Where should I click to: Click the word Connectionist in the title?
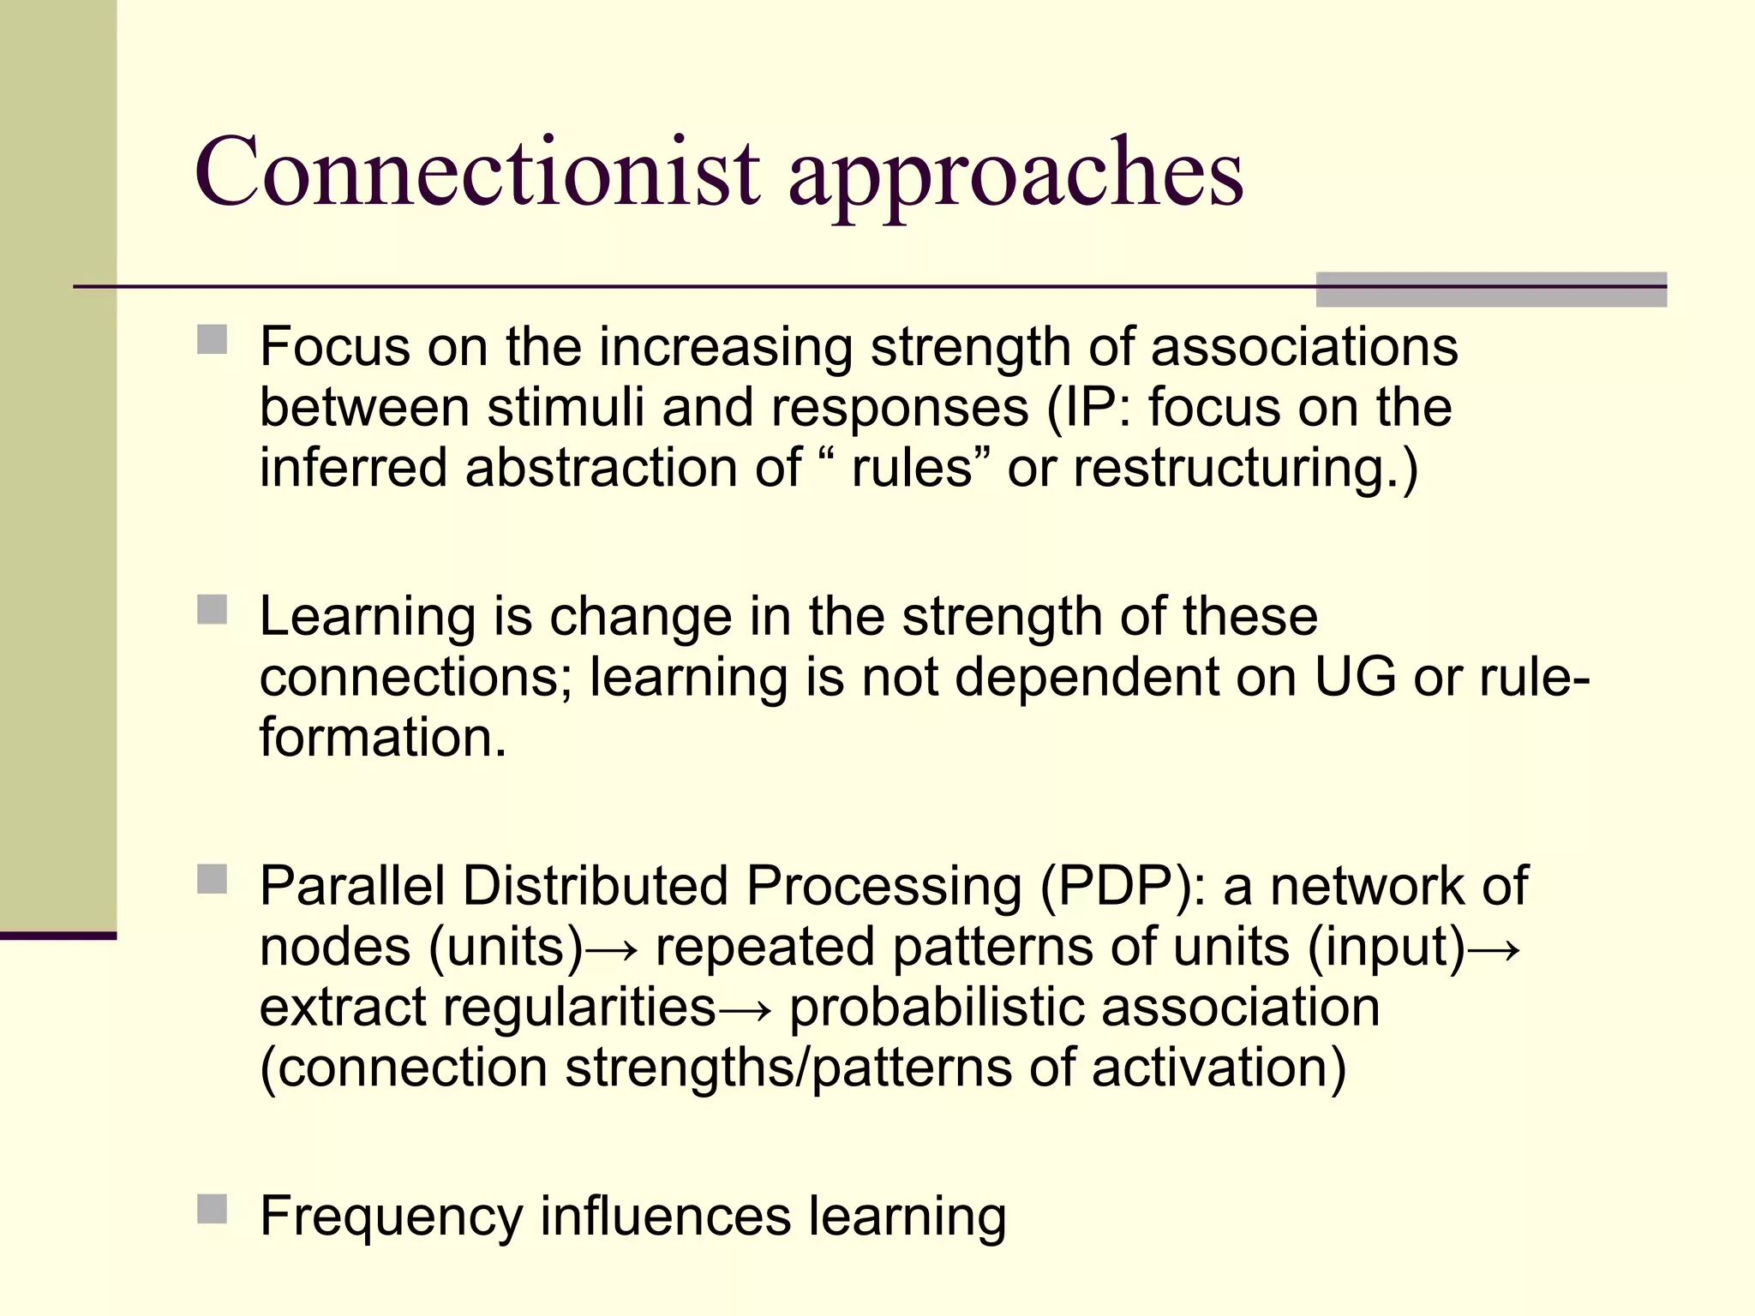476,173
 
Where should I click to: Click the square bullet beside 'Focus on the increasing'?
212,339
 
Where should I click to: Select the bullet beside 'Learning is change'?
212,610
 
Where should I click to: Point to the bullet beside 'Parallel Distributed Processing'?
212,879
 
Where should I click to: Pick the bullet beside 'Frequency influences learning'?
212,1209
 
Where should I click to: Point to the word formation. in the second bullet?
383,739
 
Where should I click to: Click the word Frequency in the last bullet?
392,1217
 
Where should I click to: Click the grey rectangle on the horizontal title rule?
1490,290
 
